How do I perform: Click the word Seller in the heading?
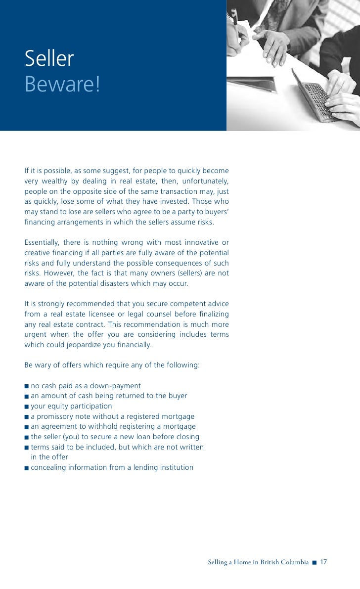click(x=49, y=59)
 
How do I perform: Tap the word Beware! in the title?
click(x=62, y=85)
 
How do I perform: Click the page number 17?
click(x=324, y=562)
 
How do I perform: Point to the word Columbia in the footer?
click(x=294, y=562)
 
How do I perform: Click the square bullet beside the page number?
click(x=315, y=563)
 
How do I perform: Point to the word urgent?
click(x=36, y=335)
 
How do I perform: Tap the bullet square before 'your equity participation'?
click(x=26, y=407)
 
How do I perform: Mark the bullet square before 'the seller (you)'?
click(x=26, y=437)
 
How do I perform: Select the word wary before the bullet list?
click(x=43, y=365)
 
